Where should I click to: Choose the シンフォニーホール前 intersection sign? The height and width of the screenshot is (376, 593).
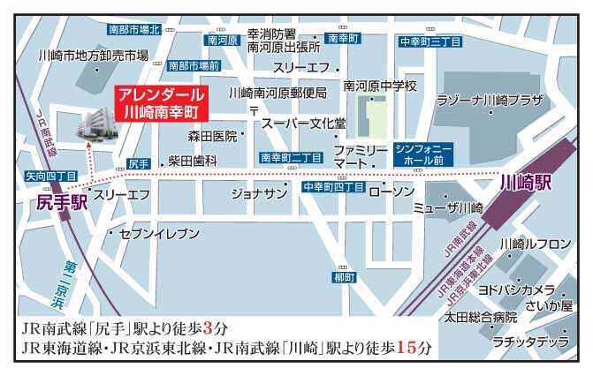[423, 155]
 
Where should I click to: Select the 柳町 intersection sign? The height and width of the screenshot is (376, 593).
[343, 278]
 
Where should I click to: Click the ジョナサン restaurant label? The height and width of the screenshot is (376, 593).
[259, 193]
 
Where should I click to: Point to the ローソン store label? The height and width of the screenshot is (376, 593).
[391, 192]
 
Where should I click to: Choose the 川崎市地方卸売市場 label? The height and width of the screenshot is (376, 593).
[94, 56]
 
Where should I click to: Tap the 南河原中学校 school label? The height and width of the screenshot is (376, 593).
[380, 86]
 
